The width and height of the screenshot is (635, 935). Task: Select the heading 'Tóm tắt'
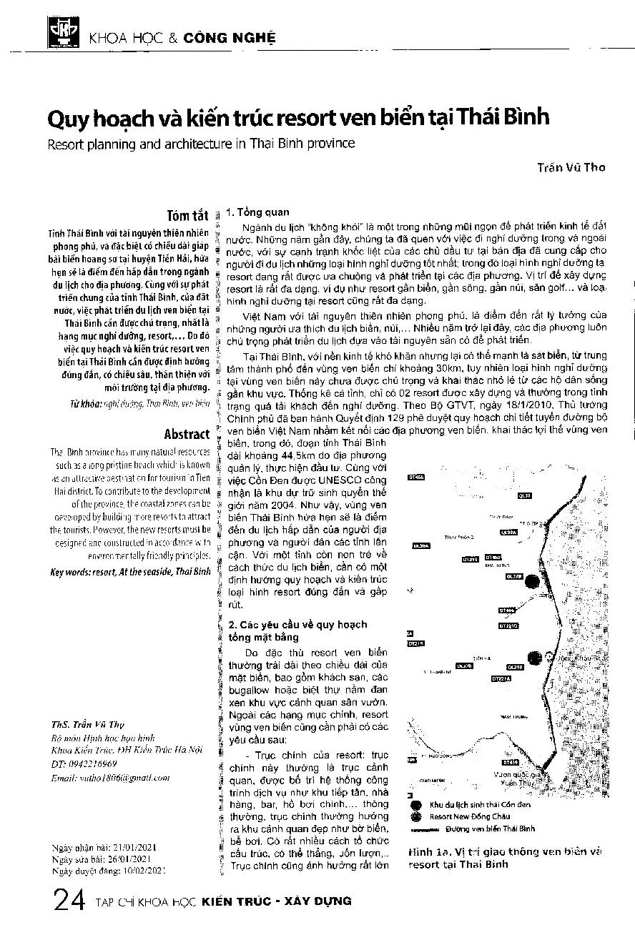pyautogui.click(x=187, y=216)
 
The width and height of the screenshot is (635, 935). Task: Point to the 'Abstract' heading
pyautogui.click(x=187, y=434)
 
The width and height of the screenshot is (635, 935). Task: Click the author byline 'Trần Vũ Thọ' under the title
pyautogui.click(x=571, y=167)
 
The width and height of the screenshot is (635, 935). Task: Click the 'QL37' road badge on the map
pyautogui.click(x=525, y=495)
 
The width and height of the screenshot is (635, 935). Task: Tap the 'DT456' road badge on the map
pyautogui.click(x=416, y=477)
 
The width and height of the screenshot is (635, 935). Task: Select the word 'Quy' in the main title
pyautogui.click(x=67, y=117)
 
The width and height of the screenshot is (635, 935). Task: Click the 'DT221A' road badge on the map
pyautogui.click(x=501, y=678)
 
